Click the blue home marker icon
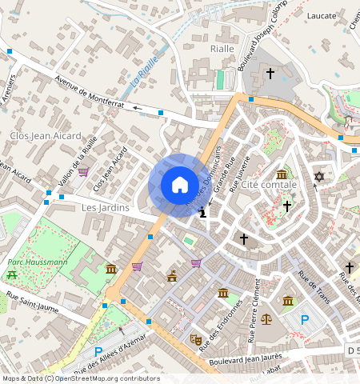pos(180,186)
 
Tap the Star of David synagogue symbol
pos(319,176)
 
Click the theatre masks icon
pos(194,339)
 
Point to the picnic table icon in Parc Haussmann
pos(12,274)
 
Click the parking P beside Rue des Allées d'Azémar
pos(98,352)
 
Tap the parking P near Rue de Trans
pos(304,320)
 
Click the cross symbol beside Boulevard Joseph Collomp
pos(270,74)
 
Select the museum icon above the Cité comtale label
pos(281,174)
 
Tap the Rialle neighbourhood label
pos(221,48)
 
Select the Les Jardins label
pos(106,207)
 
